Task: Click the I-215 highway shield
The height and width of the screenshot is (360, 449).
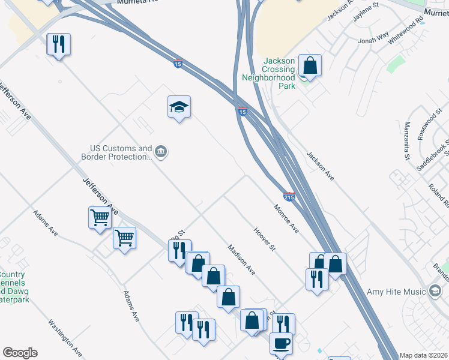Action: click(x=289, y=196)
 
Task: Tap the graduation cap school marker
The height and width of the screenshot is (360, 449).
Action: click(x=179, y=107)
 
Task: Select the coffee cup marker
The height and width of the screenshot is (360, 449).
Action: click(x=281, y=344)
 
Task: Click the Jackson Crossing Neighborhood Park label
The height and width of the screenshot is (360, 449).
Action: click(x=269, y=73)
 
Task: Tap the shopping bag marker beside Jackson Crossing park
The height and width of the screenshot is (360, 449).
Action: click(x=310, y=66)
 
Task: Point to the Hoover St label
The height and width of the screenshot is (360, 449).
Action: click(x=264, y=239)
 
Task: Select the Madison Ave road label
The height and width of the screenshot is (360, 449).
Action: click(x=241, y=260)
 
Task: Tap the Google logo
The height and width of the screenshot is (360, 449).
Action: click(x=20, y=353)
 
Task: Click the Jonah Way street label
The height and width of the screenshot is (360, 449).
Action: click(x=373, y=40)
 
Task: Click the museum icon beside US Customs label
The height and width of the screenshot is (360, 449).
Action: click(x=161, y=152)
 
